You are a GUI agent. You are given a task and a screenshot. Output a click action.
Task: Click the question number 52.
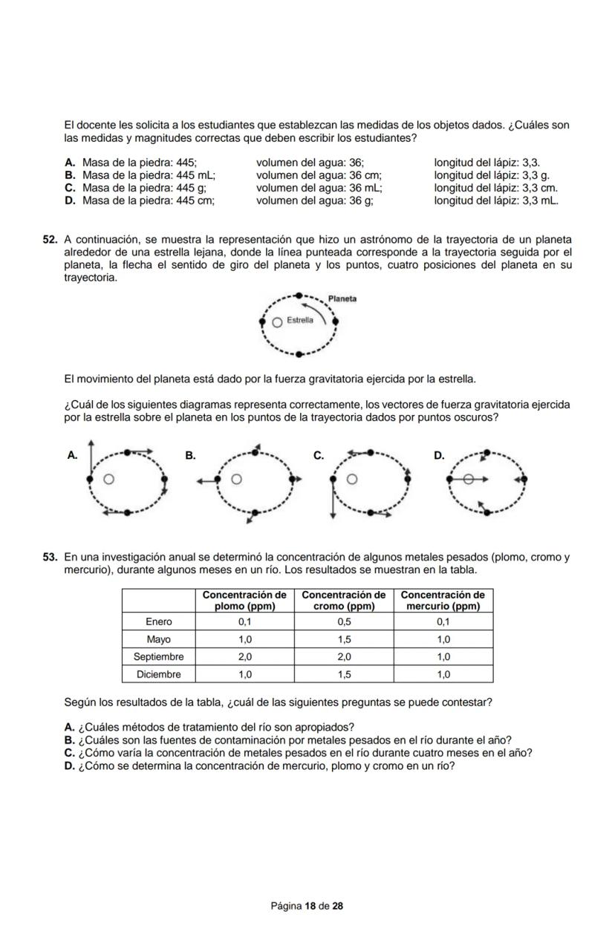coord(51,240)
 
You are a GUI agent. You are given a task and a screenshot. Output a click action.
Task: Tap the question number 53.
coord(51,557)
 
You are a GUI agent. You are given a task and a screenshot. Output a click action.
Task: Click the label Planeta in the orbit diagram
coord(342,298)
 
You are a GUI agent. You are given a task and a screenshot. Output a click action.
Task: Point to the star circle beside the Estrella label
coord(277,322)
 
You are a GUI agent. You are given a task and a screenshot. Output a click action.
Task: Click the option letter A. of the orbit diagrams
coord(72,456)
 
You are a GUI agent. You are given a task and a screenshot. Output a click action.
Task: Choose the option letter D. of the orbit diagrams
coord(439,456)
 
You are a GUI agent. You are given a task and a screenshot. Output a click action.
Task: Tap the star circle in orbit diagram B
coord(236,480)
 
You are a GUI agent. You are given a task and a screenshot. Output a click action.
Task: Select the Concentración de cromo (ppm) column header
coord(344,600)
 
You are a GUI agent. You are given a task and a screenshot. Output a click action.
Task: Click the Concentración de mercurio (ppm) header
coord(443,600)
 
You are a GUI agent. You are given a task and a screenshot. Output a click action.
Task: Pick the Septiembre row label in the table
coord(158,657)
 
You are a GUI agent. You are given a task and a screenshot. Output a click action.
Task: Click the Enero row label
coord(158,621)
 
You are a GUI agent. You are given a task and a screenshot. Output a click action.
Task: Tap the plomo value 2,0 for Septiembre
coord(244,657)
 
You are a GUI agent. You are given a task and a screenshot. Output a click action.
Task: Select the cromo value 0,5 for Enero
coord(344,621)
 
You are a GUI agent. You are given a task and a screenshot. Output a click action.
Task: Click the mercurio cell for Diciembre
coord(443,675)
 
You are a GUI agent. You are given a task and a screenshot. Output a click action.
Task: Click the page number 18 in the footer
coord(310,906)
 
